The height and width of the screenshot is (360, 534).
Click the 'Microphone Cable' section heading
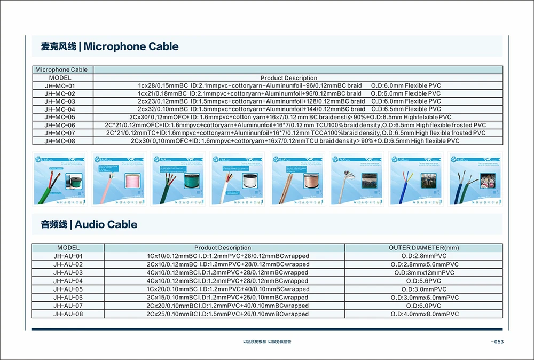(x=110, y=46)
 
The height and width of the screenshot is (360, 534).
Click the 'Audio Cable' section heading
(x=89, y=224)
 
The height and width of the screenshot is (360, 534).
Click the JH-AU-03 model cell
(x=68, y=272)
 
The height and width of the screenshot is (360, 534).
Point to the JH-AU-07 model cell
(x=68, y=306)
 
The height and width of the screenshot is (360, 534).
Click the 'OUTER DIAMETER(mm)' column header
(x=424, y=248)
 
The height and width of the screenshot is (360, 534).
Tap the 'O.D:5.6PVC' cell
(x=424, y=281)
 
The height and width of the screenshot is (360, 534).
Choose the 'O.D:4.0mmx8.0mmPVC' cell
(x=424, y=314)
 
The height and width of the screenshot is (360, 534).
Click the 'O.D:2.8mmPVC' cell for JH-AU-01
(x=424, y=256)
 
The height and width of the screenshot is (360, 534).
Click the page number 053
(x=497, y=342)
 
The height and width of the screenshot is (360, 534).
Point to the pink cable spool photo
(x=119, y=178)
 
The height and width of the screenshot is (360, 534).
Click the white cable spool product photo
(x=238, y=178)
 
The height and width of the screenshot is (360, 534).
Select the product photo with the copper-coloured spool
(x=298, y=178)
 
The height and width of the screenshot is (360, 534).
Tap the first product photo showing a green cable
(x=59, y=178)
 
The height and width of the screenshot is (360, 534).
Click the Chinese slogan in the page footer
(x=266, y=342)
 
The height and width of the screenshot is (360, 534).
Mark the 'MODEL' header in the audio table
(x=68, y=248)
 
